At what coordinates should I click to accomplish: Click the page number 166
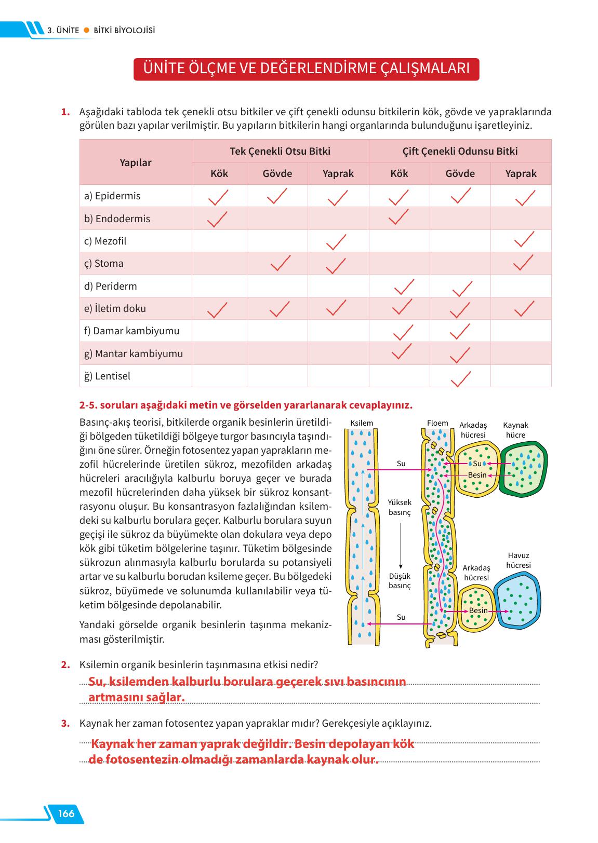click(x=67, y=813)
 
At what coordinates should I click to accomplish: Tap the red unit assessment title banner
click(x=306, y=69)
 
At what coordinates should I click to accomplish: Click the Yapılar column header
click(x=136, y=162)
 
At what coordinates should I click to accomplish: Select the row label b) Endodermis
click(x=117, y=219)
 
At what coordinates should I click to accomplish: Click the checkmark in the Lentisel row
click(x=460, y=378)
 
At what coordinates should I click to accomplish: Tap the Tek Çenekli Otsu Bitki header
click(x=280, y=151)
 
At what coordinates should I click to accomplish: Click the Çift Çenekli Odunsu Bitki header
click(x=460, y=151)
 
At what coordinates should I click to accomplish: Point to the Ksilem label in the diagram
click(x=362, y=423)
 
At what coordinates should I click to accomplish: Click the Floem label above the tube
click(x=437, y=423)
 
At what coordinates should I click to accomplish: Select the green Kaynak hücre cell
click(x=523, y=469)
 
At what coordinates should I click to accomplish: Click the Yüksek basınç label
click(x=400, y=507)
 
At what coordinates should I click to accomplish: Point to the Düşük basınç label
click(x=400, y=581)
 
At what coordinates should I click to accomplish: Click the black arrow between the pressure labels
click(x=400, y=546)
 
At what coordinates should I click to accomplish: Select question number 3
click(x=65, y=723)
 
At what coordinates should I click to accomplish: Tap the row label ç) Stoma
click(x=103, y=264)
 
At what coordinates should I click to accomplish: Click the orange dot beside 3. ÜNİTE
click(x=86, y=30)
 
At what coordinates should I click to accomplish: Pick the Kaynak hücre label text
click(x=515, y=430)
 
